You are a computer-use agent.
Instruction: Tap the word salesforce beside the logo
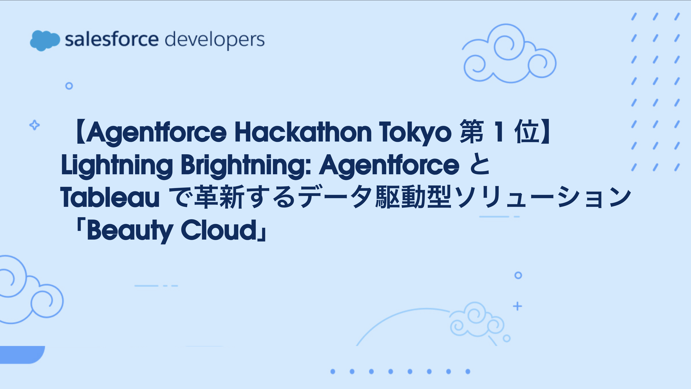point(112,39)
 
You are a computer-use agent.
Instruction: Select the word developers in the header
point(215,40)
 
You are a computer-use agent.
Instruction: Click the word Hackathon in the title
point(303,132)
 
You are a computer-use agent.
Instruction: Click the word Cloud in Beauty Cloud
point(219,230)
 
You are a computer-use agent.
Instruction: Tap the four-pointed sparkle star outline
point(35,125)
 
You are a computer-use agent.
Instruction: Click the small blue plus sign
point(517,306)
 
